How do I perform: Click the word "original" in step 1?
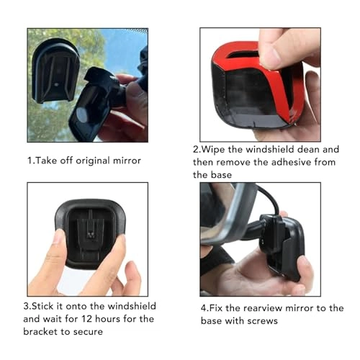click(x=92, y=161)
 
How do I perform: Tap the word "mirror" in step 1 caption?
click(x=127, y=161)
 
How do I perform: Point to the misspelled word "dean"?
click(x=308, y=150)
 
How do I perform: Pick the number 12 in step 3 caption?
click(x=86, y=319)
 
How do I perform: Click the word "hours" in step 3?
click(x=107, y=319)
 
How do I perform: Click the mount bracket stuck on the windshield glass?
click(x=55, y=71)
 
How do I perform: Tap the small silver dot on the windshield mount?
click(x=57, y=84)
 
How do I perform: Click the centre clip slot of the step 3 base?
click(x=91, y=232)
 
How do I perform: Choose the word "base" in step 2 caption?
click(x=221, y=175)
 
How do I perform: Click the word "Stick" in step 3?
click(x=42, y=306)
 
